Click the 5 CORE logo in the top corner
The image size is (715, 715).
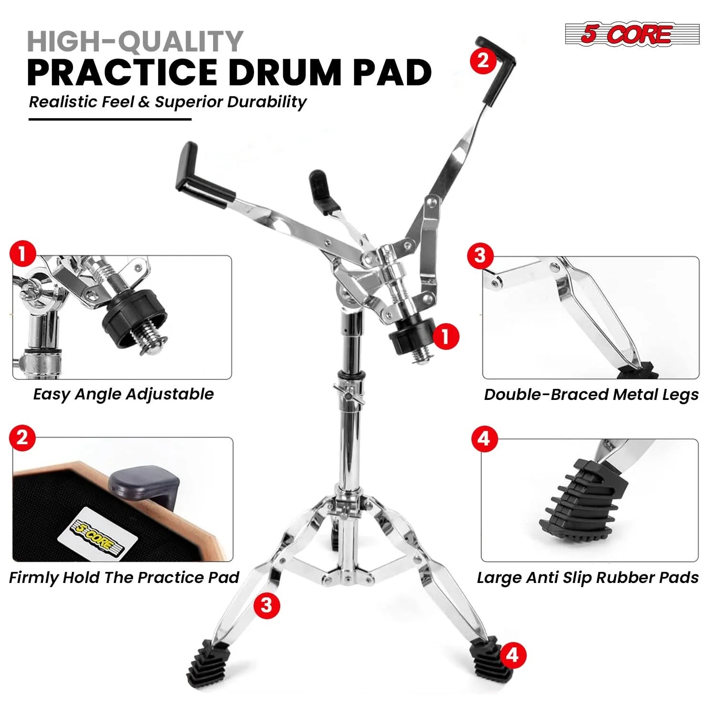(632, 34)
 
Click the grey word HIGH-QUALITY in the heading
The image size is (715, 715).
(135, 41)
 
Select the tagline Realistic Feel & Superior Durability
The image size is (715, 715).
(167, 102)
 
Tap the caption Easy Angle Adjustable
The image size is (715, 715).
(123, 394)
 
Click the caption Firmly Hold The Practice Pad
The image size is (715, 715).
(124, 577)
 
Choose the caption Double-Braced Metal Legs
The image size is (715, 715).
(591, 394)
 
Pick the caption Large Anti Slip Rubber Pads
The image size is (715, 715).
(588, 577)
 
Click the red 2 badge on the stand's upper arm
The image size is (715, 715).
(483, 61)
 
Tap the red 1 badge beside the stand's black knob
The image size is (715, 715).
(446, 337)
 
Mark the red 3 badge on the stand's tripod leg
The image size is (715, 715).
(266, 605)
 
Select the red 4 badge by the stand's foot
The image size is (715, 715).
(512, 655)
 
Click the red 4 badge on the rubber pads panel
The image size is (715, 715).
(484, 438)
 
